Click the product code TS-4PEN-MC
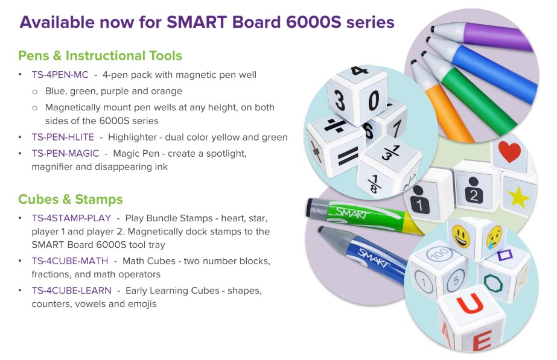pos(60,75)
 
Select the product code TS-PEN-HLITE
pos(63,137)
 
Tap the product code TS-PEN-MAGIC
pos(65,153)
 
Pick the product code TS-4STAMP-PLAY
pos(71,218)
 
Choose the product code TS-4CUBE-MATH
pos(70,261)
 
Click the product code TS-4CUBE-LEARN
pos(71,291)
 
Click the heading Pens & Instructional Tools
pos(100,55)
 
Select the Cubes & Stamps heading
pos(71,199)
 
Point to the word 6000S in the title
pos(313,22)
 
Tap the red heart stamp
pos(509,151)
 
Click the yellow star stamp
pos(518,197)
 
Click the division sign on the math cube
pos(335,125)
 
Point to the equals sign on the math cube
pos(348,156)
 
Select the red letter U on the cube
pos(470,303)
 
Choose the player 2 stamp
pos(474,191)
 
